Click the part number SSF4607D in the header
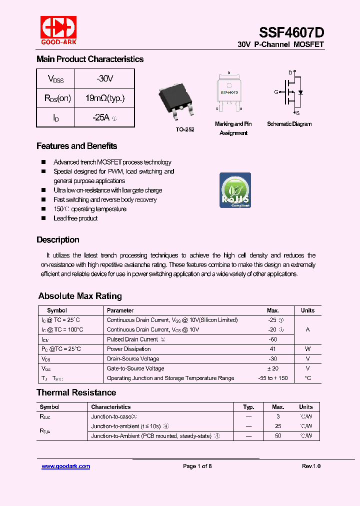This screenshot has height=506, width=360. tap(291, 32)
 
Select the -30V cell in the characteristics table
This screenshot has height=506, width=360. tap(104, 79)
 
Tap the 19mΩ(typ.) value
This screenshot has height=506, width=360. tap(104, 98)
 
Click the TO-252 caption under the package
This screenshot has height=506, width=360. tap(184, 129)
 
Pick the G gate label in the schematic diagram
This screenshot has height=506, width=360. tap(276, 92)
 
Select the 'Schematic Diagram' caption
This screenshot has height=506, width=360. tap(289, 124)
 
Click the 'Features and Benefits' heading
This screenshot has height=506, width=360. tap(76, 146)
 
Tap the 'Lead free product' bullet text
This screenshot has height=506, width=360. tap(75, 218)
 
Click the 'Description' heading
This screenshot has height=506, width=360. tap(57, 239)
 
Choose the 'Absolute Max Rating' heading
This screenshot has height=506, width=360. tap(80, 296)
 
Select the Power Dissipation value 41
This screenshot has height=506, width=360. tap(272, 349)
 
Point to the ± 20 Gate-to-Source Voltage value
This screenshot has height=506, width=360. tap(272, 368)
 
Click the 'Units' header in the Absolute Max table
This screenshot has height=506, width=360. tap(307, 310)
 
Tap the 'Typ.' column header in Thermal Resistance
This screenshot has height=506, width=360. tap(248, 407)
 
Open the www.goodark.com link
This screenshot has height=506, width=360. tap(65, 466)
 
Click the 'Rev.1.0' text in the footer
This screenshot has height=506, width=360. tap(311, 466)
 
